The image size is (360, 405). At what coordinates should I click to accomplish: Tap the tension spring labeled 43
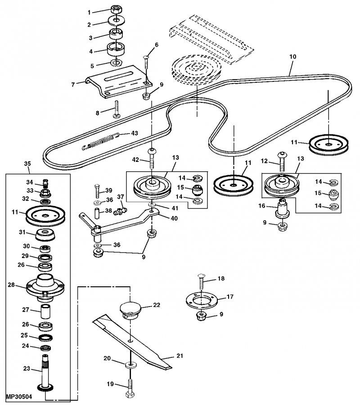click(100, 141)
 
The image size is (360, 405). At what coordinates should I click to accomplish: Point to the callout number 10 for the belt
click(292, 57)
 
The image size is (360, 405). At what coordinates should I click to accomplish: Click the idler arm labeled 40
click(121, 224)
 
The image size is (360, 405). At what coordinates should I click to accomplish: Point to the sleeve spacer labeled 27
click(46, 311)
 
